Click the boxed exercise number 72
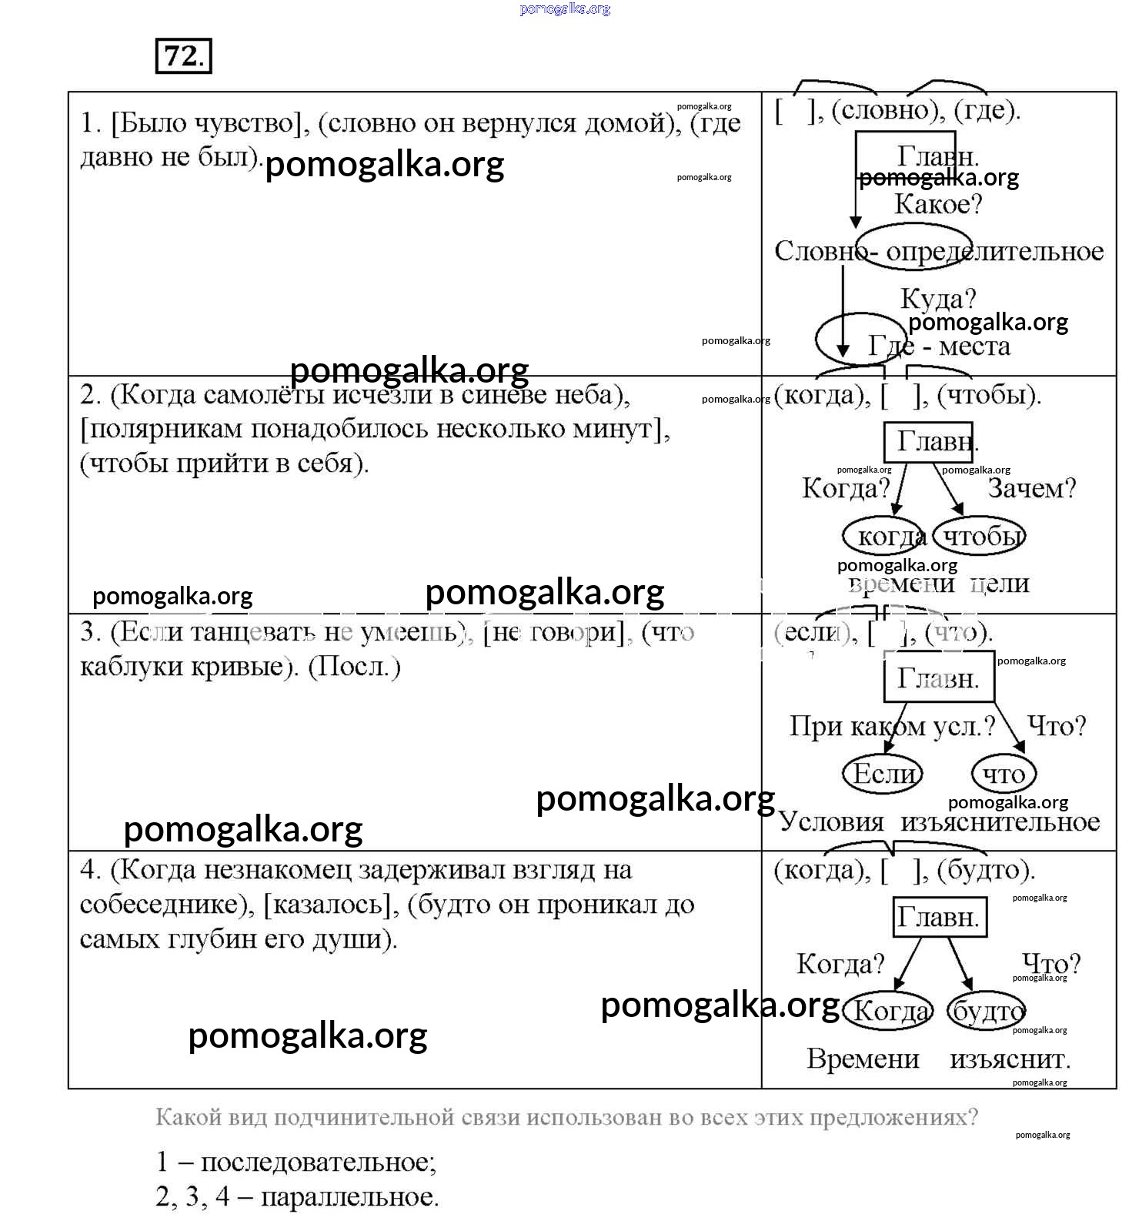pyautogui.click(x=183, y=56)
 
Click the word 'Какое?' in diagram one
pyautogui.click(x=938, y=205)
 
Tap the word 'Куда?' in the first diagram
pyautogui.click(x=938, y=299)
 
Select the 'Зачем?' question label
pyautogui.click(x=1031, y=488)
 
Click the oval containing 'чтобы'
pyautogui.click(x=980, y=537)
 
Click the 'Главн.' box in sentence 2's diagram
pyautogui.click(x=928, y=442)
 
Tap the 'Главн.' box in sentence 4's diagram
pyautogui.click(x=938, y=918)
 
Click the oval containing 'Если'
pyautogui.click(x=883, y=774)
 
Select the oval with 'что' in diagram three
pyautogui.click(x=1004, y=774)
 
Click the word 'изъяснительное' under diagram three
pyautogui.click(x=1000, y=822)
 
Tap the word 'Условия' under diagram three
pyautogui.click(x=831, y=822)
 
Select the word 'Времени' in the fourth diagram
pyautogui.click(x=863, y=1059)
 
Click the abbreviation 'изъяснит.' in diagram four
pyautogui.click(x=1010, y=1059)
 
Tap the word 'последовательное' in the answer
pyautogui.click(x=317, y=1162)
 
